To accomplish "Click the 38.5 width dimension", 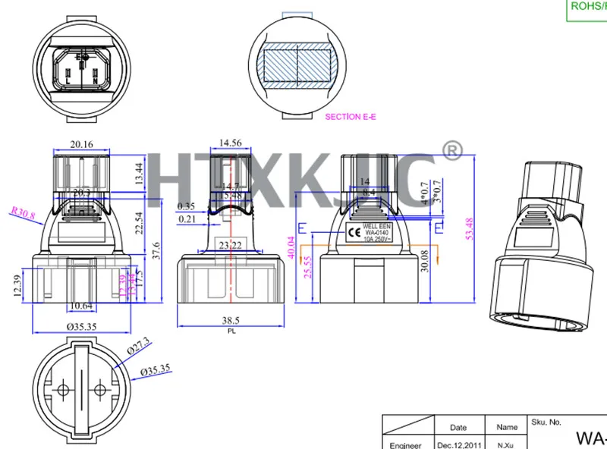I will [x=231, y=322].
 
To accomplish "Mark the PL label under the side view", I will [x=231, y=331].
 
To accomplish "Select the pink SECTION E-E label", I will [x=351, y=117].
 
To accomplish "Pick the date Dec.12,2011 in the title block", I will [x=459, y=445].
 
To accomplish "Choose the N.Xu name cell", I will [x=507, y=445].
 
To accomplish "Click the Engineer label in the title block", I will [x=410, y=445].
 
